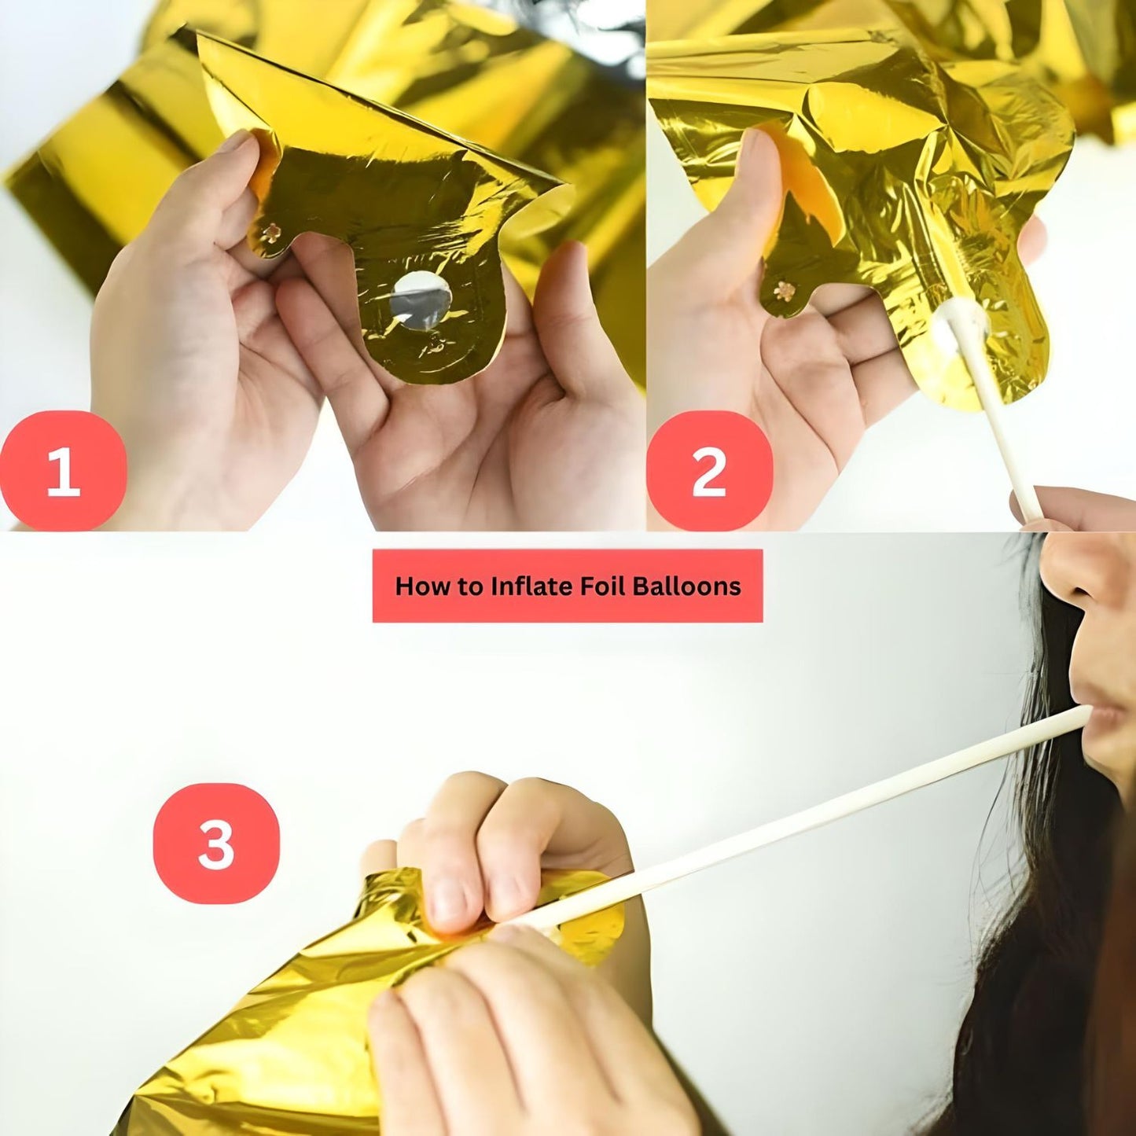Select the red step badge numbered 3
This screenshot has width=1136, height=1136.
coord(216,844)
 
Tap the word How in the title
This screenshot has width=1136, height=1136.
coord(420,586)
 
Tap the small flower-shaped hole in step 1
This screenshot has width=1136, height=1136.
coord(272,233)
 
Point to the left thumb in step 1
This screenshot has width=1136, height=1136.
coord(236,177)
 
